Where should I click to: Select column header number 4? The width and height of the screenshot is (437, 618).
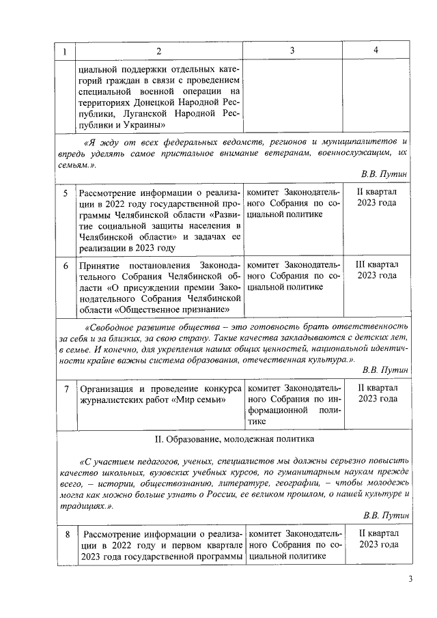(376, 52)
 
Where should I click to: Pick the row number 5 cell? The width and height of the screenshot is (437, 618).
(66, 193)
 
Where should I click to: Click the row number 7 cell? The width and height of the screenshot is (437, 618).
(66, 389)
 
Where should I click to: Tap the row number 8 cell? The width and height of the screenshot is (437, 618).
(66, 535)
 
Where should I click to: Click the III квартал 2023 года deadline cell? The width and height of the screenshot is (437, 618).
(376, 270)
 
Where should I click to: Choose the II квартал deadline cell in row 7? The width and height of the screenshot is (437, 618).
(376, 393)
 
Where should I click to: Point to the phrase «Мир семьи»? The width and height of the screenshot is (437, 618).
(204, 401)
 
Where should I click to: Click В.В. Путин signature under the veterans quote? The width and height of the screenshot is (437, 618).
(385, 174)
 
